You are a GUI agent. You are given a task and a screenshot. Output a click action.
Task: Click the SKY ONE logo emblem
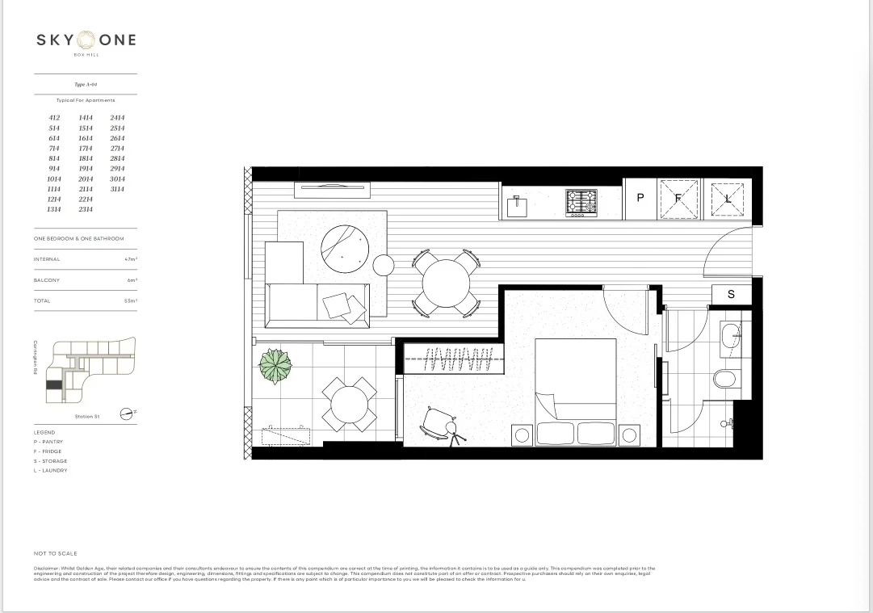tap(86, 40)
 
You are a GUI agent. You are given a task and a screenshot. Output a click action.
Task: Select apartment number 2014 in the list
tap(86, 179)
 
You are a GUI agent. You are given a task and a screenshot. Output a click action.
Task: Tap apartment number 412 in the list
tap(54, 118)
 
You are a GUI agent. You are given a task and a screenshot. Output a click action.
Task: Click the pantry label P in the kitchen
tap(640, 198)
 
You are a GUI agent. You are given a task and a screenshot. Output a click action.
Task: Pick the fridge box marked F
tap(678, 199)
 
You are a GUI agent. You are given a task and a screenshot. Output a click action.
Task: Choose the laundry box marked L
tap(727, 199)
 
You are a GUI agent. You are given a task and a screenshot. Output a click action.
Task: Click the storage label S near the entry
tap(731, 294)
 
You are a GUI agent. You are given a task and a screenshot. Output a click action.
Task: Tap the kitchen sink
tap(517, 206)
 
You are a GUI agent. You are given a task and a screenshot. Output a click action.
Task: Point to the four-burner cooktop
tap(581, 202)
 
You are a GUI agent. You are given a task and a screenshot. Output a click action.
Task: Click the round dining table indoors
tap(445, 282)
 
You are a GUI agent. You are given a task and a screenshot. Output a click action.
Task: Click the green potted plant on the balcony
tap(275, 367)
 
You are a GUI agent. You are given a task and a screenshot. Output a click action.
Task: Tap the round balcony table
tap(348, 403)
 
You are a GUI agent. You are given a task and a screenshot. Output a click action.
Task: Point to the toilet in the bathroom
tap(726, 379)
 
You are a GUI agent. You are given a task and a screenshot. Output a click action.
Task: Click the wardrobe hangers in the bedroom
tap(458, 359)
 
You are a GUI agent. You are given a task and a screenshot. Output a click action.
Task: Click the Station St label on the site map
tap(86, 416)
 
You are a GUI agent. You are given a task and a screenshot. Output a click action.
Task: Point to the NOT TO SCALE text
tap(56, 553)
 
